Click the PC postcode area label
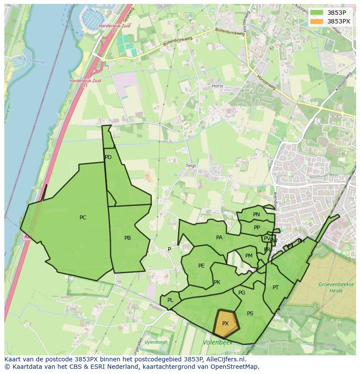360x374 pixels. point(83,218)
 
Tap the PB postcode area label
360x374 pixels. point(127,238)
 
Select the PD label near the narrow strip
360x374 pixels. point(108,157)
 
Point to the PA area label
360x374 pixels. point(219,238)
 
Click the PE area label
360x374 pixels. point(201,266)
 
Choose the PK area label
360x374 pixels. point(217,282)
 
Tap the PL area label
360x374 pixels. point(170,300)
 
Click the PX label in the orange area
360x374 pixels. point(225,324)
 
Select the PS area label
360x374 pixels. point(250,314)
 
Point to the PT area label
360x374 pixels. point(276,288)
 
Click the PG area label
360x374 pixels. point(242,293)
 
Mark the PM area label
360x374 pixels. point(249,256)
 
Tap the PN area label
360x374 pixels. point(257,215)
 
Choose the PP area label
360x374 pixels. point(257,228)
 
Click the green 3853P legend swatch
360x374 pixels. point(317,13)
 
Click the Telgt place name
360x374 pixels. point(191,166)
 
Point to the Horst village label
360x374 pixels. point(217,86)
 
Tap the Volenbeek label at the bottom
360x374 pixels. point(217,343)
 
